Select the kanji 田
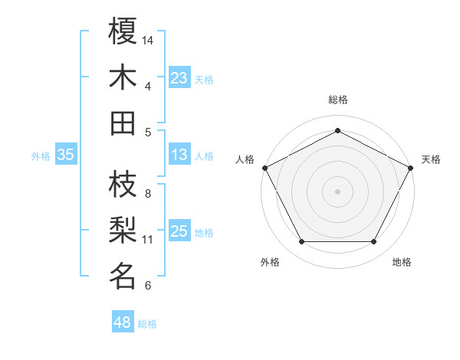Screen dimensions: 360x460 [x=123, y=123]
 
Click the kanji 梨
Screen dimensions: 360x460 [x=123, y=230]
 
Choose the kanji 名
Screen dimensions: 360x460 [x=123, y=276]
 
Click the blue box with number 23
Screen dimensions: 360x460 [x=179, y=77]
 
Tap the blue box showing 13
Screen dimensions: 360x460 [x=179, y=155]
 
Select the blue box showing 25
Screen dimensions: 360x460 [x=179, y=232]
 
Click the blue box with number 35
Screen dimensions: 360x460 [x=65, y=155]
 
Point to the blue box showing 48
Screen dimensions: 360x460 [x=122, y=322]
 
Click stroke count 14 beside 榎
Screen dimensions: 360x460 [x=148, y=40]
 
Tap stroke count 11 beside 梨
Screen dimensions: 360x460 [x=148, y=239]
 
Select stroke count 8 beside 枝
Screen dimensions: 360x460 [x=148, y=193]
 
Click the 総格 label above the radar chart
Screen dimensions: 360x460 [x=338, y=100]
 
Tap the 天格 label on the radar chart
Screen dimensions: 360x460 [x=431, y=159]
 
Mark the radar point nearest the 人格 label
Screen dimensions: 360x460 [x=264, y=167]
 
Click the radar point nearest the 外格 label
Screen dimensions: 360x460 [x=301, y=242]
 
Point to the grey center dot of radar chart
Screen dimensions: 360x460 [x=338, y=191]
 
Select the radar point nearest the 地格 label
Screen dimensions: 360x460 [x=374, y=242]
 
